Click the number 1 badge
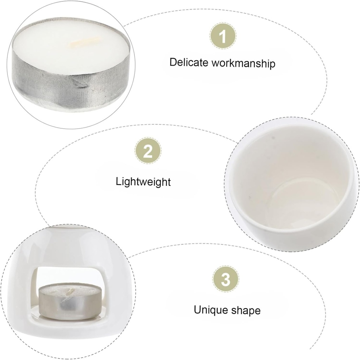[x=223, y=36]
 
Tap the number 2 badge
[x=148, y=151]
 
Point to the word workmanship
[x=243, y=63]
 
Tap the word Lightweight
[x=143, y=182]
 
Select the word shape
[x=246, y=311]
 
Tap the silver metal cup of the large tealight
[x=71, y=85]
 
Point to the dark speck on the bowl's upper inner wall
[x=273, y=138]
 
